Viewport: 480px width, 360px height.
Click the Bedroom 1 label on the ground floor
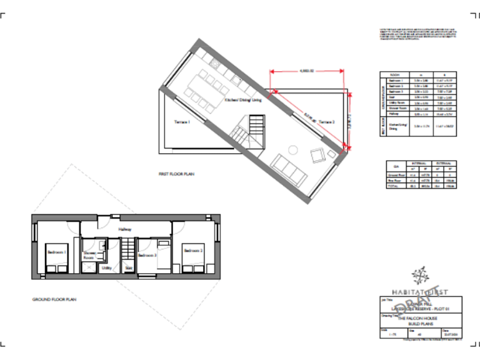click(57, 252)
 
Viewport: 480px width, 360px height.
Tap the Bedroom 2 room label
click(193, 251)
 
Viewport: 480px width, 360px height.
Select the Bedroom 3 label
click(147, 255)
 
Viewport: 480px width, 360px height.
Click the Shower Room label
click(88, 255)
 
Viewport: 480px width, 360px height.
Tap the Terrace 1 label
click(181, 122)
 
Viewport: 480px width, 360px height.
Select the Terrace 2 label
click(327, 122)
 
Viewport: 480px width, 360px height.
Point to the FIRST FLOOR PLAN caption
click(177, 174)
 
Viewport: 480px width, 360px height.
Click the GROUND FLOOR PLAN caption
click(54, 299)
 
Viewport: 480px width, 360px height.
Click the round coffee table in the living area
click(292, 149)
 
